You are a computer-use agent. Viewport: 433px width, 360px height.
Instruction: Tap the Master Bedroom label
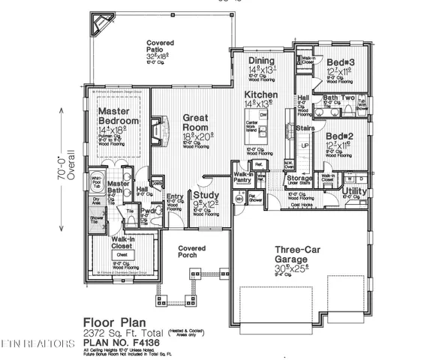click(x=119, y=116)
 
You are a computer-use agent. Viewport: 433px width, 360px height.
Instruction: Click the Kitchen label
click(x=261, y=95)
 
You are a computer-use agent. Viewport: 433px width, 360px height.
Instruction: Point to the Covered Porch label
click(x=192, y=251)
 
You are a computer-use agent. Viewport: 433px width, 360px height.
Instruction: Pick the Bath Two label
click(x=338, y=98)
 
